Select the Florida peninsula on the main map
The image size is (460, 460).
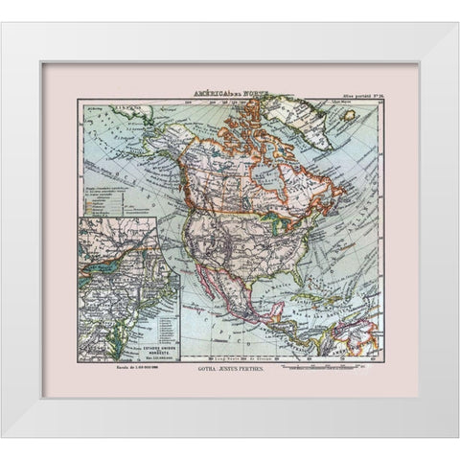[267, 279]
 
